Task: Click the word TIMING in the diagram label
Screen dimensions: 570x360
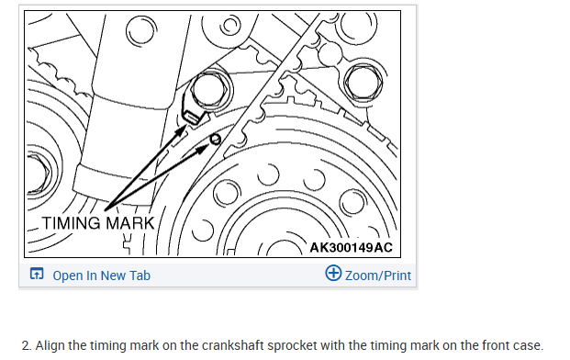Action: [x=72, y=223]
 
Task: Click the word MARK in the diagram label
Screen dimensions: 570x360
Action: [x=130, y=223]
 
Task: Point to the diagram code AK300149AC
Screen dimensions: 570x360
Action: [x=351, y=248]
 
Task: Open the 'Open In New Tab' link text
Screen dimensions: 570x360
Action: [x=101, y=276]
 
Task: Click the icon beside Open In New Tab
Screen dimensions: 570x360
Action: [x=37, y=274]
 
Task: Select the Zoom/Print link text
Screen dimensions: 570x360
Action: [x=378, y=276]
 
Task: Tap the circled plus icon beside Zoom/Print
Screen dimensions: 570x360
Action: [x=333, y=273]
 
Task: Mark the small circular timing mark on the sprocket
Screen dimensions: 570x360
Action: [x=215, y=139]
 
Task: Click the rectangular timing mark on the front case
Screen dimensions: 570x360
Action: [x=192, y=117]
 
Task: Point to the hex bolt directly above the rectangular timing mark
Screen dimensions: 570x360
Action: [x=208, y=90]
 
